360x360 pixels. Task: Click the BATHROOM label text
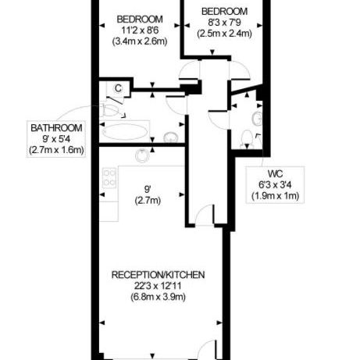tap(56, 128)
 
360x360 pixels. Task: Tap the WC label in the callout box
tap(275, 173)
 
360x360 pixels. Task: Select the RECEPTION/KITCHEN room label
tap(158, 275)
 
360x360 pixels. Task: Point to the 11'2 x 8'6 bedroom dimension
tap(140, 30)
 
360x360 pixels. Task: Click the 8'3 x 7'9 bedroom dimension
tap(224, 23)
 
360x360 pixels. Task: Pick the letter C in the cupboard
tap(118, 88)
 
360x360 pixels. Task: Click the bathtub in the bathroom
tap(125, 132)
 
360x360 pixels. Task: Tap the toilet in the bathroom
tap(112, 111)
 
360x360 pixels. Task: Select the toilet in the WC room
tap(247, 140)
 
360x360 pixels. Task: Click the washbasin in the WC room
tap(257, 119)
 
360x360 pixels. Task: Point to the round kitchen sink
tap(142, 156)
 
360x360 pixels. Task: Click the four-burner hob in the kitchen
tap(109, 178)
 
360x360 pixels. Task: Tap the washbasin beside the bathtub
tap(171, 137)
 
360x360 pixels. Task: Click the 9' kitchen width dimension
tap(148, 188)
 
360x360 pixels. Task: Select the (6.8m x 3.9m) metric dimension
tap(158, 297)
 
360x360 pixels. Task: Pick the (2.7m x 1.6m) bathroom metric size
tap(56, 151)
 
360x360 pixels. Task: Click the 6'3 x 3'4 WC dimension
tap(275, 185)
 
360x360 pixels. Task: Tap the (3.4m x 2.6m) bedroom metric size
tap(140, 41)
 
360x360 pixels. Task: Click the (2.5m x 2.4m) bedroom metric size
tap(224, 34)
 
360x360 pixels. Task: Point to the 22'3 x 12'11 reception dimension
tap(158, 286)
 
